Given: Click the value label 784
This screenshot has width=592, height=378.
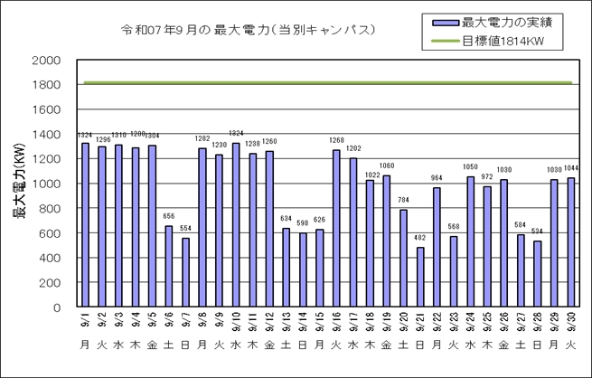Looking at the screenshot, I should coord(403,202).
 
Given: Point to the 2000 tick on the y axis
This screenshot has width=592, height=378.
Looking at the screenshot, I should coord(46,61).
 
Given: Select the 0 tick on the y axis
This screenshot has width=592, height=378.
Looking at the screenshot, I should coord(57,307).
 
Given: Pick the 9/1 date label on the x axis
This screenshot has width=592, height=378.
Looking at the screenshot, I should coord(85,320).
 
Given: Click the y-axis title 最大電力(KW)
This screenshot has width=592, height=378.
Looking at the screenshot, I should coord(17,184).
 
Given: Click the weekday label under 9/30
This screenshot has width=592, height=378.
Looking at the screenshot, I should coord(571,345).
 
